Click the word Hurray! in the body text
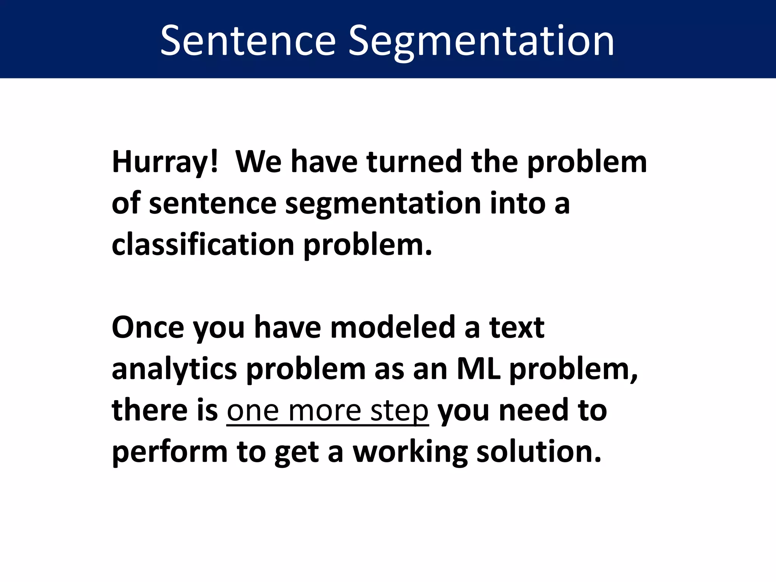(165, 162)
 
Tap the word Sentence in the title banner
(248, 41)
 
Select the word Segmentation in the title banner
(481, 41)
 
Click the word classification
(203, 245)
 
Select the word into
(517, 203)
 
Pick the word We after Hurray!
(259, 162)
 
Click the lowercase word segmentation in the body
(383, 203)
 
